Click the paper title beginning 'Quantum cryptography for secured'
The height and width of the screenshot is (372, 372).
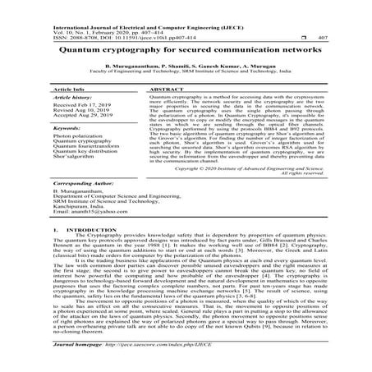(x=186, y=48)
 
